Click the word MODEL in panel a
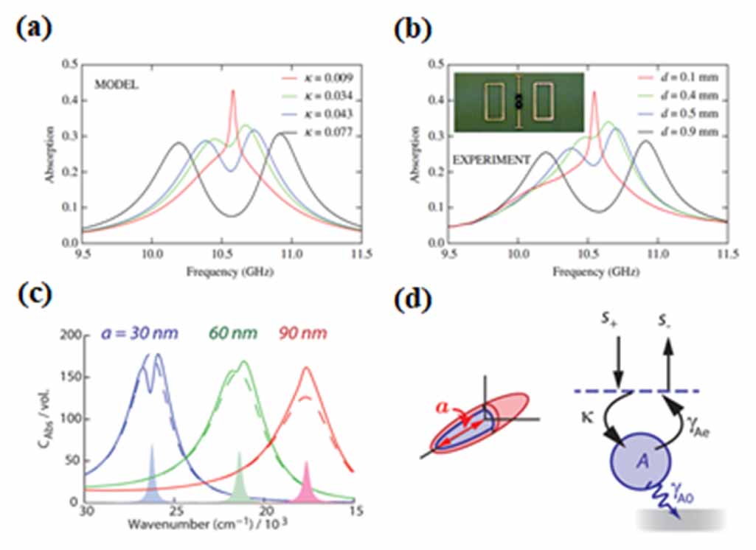113,85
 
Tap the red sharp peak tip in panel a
233,91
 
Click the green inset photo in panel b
519,102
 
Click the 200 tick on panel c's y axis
69,335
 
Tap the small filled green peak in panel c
239,479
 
